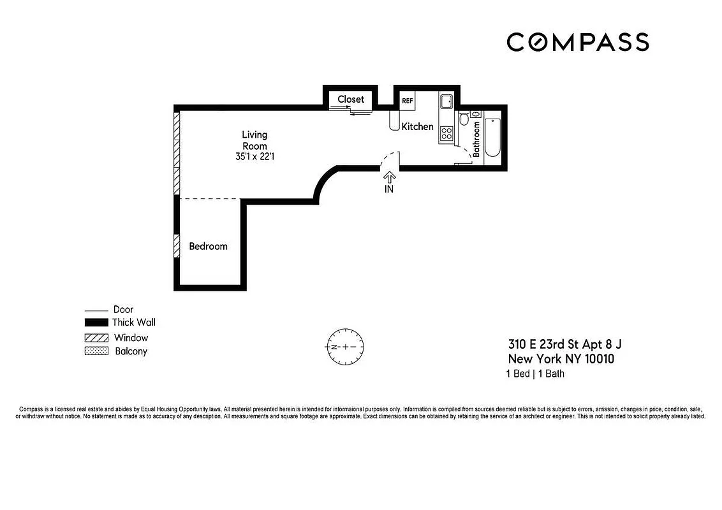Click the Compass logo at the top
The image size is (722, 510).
pos(578,42)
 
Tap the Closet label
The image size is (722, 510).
pos(351,99)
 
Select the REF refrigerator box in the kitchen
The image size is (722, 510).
pos(407,101)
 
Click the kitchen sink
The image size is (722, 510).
pos(445,101)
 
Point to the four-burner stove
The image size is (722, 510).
pos(447,133)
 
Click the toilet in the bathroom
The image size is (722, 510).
pos(464,119)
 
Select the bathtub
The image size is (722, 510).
pos(492,137)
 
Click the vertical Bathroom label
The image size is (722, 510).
pos(476,140)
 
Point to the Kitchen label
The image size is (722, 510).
pos(417,127)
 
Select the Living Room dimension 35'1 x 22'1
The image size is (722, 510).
pos(254,156)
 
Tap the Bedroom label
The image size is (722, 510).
pos(208,246)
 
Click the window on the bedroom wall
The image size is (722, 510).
pos(177,246)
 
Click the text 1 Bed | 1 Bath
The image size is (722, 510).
pos(535,374)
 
